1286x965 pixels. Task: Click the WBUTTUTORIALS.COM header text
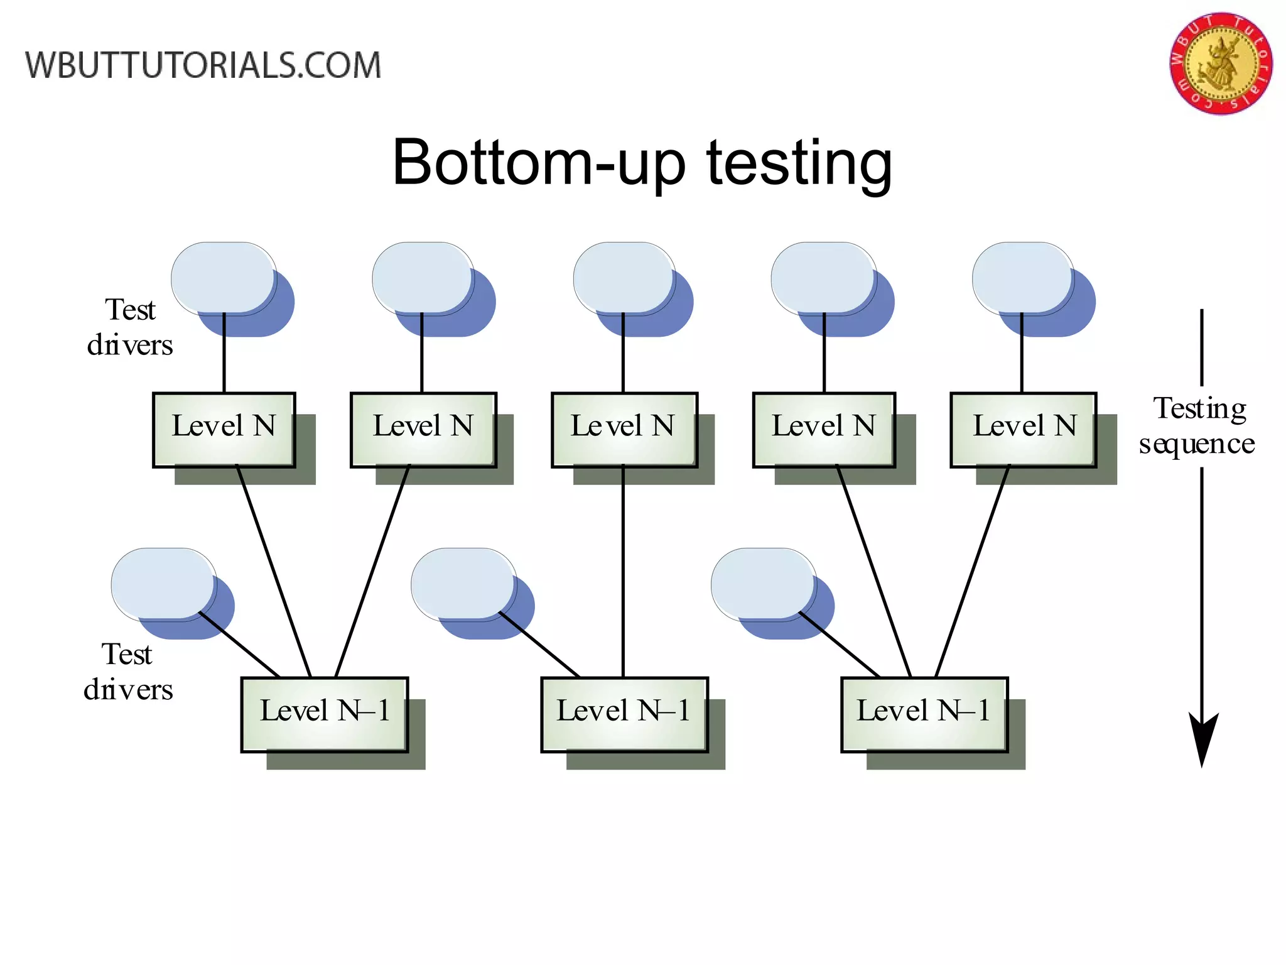[203, 65]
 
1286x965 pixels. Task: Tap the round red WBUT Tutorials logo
[1220, 63]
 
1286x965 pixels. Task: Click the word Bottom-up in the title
[538, 163]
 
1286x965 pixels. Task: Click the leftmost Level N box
[224, 430]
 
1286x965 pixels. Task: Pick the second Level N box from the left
[423, 430]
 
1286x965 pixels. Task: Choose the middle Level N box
[624, 430]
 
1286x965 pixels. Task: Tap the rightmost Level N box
[1024, 430]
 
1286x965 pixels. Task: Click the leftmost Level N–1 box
[325, 714]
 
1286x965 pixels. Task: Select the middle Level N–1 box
[624, 714]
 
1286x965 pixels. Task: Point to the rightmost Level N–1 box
[924, 714]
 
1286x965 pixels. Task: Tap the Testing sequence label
[1197, 426]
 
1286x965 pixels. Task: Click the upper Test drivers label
[130, 327]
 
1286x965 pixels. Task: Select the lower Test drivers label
[128, 672]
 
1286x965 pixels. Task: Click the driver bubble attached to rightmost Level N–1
[764, 584]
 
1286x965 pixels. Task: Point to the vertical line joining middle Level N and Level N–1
[623, 572]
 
